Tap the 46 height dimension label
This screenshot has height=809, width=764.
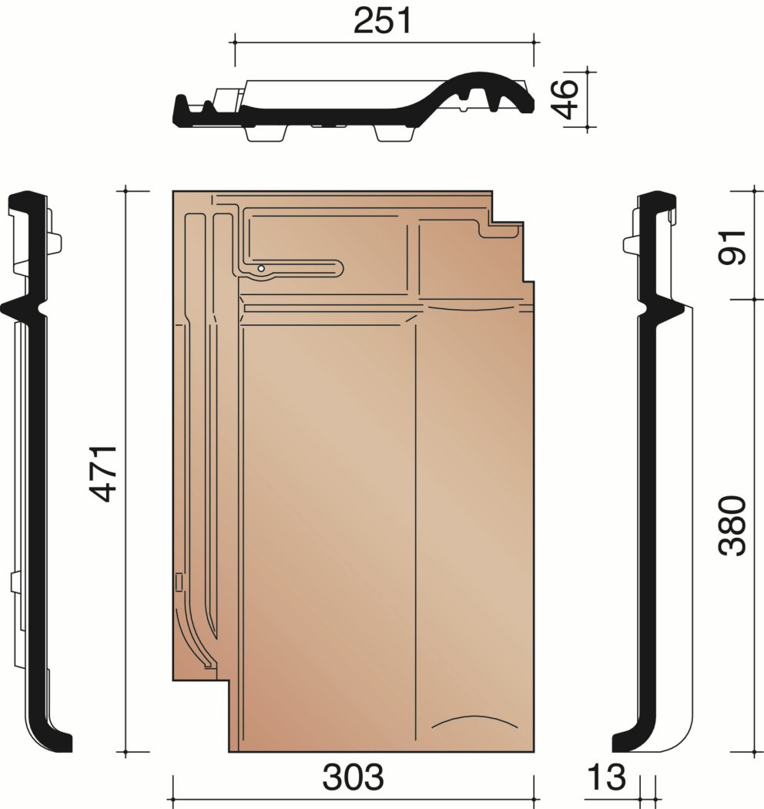pos(563,99)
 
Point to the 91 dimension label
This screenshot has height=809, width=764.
pos(732,247)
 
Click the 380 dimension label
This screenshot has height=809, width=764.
pos(732,525)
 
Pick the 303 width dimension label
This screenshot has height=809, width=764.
pos(354,777)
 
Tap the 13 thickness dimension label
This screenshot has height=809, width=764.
pos(606,777)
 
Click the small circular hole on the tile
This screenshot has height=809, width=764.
pos(262,268)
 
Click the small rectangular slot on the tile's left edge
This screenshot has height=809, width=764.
pos(179,582)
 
